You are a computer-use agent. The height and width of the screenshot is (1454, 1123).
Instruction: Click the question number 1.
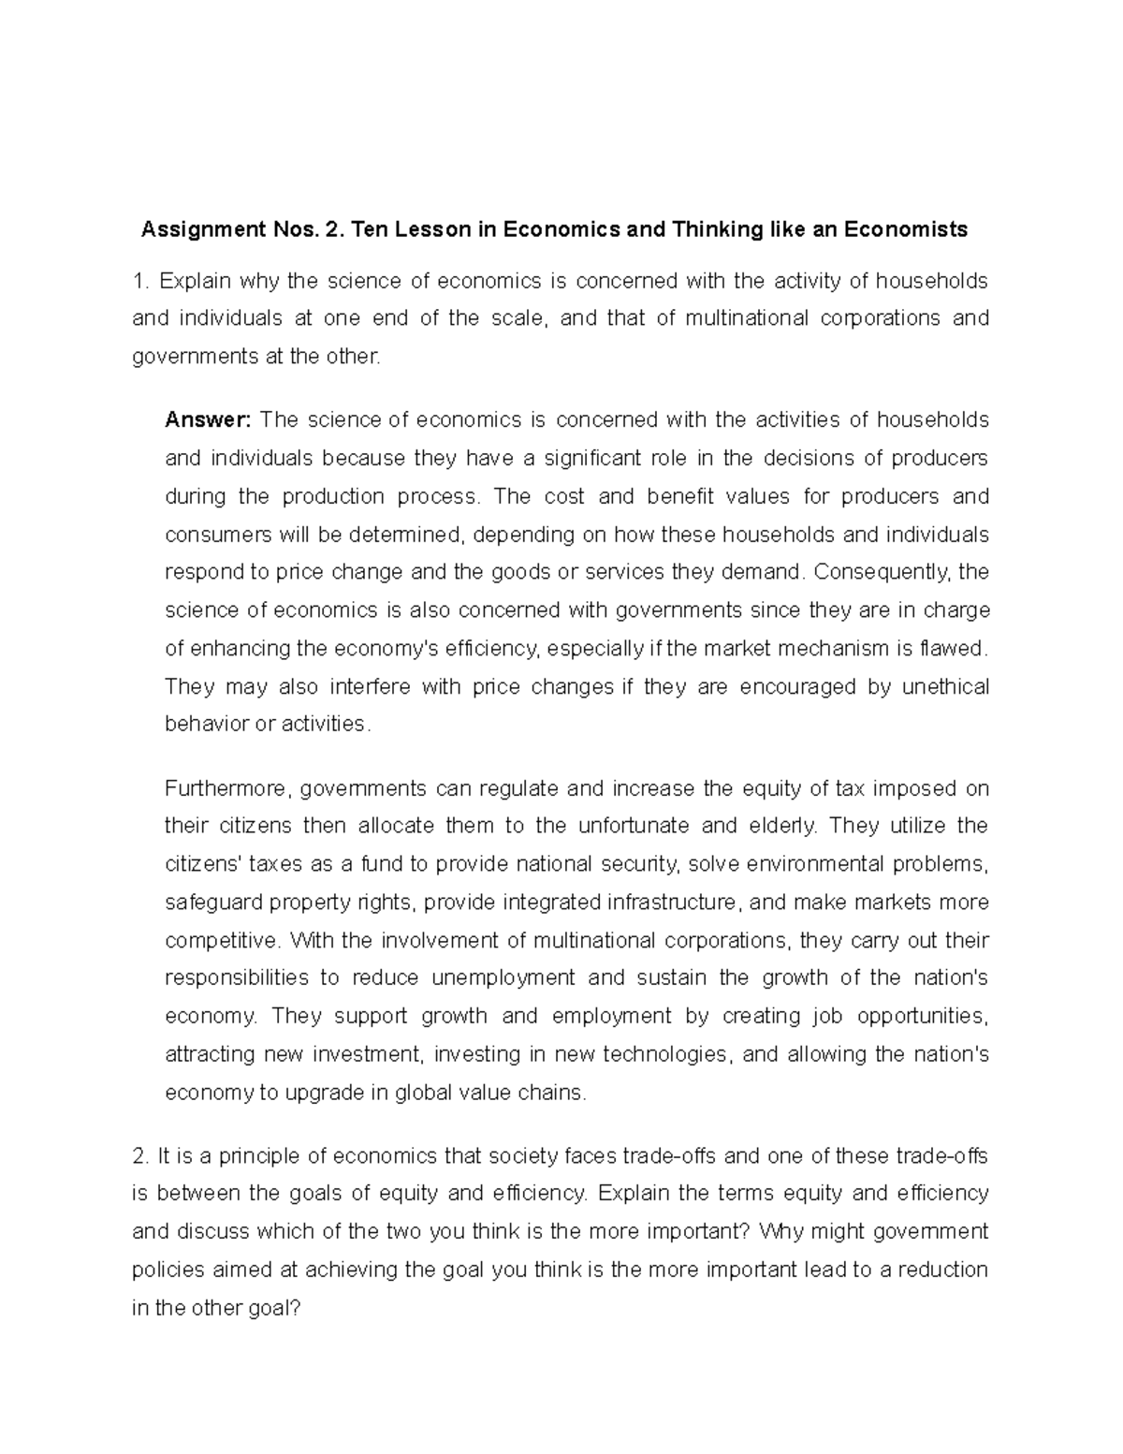point(140,281)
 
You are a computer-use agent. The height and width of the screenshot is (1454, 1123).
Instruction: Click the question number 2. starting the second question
point(140,1156)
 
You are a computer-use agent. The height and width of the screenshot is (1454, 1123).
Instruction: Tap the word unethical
point(944,687)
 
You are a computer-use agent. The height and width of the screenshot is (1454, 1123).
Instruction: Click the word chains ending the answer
point(556,1093)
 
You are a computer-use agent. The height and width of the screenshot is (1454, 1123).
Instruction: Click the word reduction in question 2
point(941,1270)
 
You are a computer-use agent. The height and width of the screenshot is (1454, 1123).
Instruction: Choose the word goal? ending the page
point(270,1309)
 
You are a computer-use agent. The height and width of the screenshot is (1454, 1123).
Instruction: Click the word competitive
point(222,940)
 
